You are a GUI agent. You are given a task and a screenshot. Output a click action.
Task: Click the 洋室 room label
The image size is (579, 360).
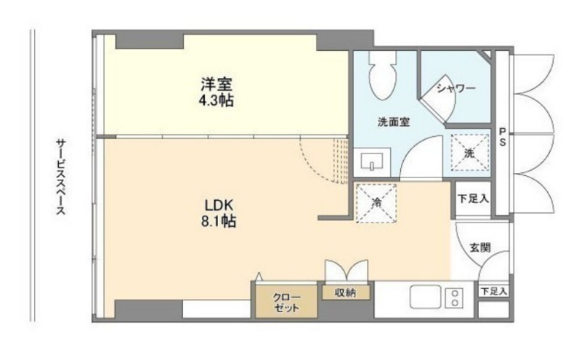(x=216, y=84)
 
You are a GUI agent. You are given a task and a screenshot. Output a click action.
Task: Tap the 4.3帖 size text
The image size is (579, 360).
(x=216, y=100)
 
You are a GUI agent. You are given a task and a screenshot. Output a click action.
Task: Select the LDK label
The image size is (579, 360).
(x=219, y=205)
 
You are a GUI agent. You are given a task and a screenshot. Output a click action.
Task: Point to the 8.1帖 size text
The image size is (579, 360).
(x=219, y=221)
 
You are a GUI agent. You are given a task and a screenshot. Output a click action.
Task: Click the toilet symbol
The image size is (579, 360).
(x=383, y=75)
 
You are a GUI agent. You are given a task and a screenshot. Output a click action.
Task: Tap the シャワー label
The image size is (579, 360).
(x=456, y=88)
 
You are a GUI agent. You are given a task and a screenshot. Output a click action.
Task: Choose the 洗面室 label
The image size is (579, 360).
(x=394, y=122)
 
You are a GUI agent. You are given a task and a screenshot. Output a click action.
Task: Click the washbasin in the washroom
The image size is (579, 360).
(x=372, y=162)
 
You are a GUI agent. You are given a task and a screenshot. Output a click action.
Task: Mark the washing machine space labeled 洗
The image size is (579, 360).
(x=470, y=152)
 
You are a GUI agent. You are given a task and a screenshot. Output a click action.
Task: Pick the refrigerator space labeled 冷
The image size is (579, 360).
(x=376, y=204)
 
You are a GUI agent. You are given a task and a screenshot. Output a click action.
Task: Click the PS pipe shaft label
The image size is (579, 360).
(x=502, y=136)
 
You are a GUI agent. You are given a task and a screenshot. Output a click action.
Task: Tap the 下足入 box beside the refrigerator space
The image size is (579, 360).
(x=473, y=199)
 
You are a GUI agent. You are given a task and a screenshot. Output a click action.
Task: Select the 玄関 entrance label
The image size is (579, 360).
(x=480, y=248)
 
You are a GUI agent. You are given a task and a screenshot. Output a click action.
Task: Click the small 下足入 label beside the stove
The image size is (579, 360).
(x=494, y=291)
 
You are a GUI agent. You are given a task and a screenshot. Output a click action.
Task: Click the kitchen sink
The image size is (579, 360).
(x=426, y=296)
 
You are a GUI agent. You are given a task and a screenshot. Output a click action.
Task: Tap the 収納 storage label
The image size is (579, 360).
(x=345, y=293)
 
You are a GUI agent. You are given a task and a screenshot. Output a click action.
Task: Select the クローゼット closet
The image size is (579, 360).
(x=287, y=301)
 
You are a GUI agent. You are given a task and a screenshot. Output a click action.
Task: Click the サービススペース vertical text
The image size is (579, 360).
(x=61, y=177)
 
